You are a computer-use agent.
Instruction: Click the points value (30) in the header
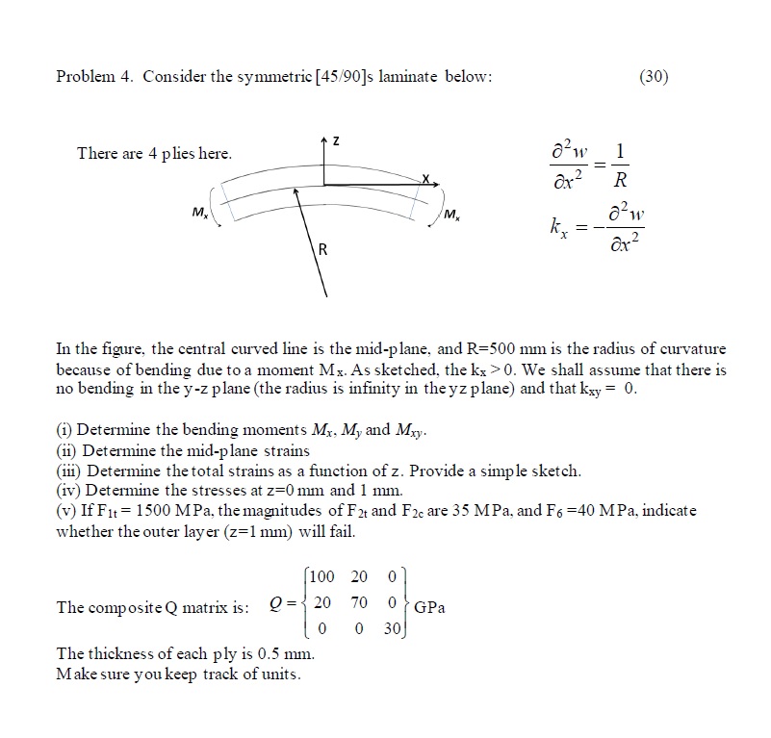point(653,77)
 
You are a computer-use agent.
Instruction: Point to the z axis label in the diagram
point(335,143)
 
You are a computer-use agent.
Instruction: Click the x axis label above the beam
point(424,179)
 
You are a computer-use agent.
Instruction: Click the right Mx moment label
point(452,212)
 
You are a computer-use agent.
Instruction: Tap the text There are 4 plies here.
point(154,154)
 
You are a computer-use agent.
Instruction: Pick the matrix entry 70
point(360,607)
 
